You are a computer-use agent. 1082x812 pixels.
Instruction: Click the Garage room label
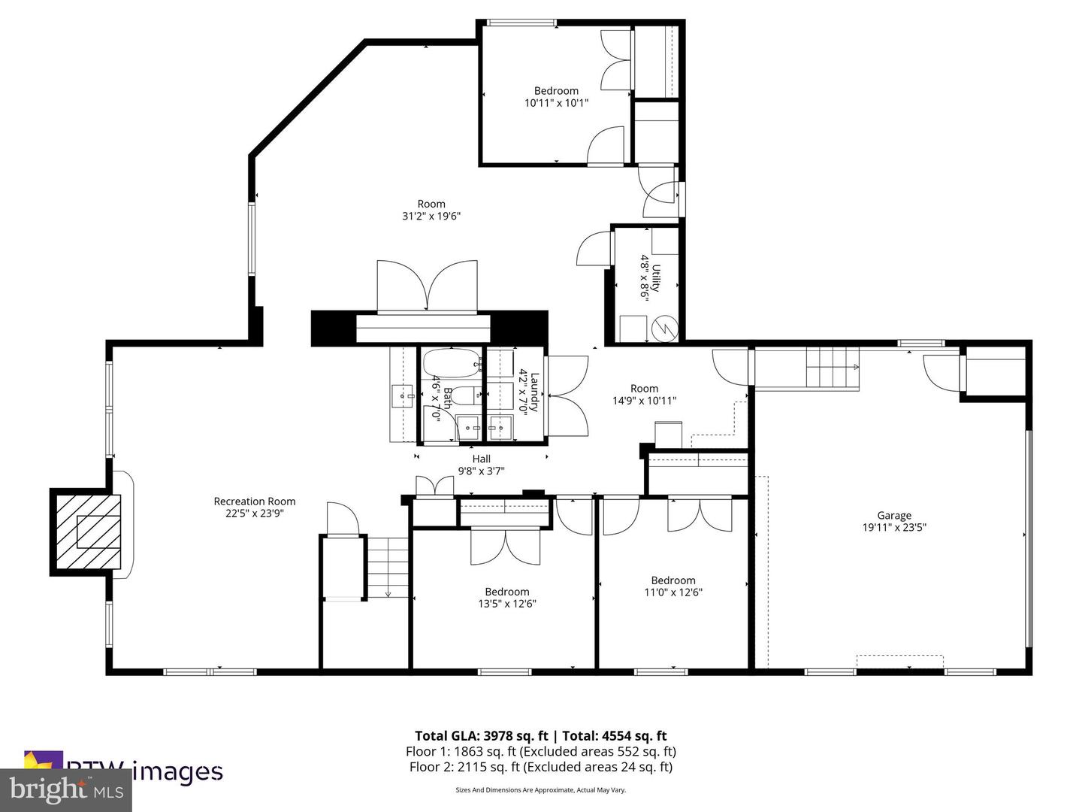pos(893,516)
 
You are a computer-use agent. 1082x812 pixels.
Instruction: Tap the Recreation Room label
pos(255,501)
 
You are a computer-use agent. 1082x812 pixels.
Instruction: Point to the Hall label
pos(481,459)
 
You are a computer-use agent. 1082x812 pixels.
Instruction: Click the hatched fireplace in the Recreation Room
pos(86,532)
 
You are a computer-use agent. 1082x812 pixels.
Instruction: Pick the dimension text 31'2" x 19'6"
pos(431,216)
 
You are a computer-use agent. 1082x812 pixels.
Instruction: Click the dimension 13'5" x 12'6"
pos(507,604)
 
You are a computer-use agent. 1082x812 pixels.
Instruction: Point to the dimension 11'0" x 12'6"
pos(673,592)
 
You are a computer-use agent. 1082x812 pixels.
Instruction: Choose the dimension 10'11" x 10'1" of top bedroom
pos(556,103)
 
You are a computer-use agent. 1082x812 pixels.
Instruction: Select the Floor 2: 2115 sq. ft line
pos(540,767)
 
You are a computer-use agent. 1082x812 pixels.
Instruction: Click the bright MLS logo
pos(65,790)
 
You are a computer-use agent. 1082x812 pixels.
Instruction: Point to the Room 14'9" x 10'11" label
pos(644,395)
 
